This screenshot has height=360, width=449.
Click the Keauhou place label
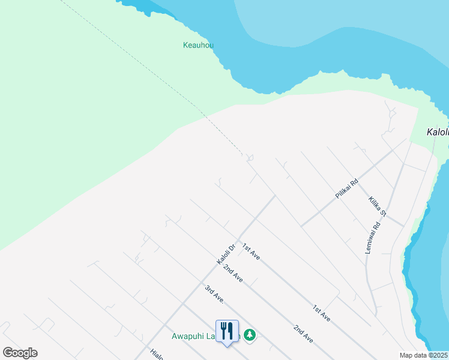click(x=198, y=45)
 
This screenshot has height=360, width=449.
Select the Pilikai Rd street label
click(x=346, y=189)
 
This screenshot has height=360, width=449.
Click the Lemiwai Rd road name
click(x=373, y=238)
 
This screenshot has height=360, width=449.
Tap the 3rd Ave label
click(x=214, y=295)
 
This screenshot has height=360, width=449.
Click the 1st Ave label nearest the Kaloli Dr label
click(x=251, y=251)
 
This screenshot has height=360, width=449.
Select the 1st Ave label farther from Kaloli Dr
click(x=321, y=313)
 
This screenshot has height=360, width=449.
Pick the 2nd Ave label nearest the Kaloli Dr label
click(x=232, y=274)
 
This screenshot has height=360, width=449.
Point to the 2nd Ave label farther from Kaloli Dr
click(x=303, y=334)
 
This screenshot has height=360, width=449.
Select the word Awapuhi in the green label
click(x=188, y=337)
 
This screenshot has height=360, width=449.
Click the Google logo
click(x=20, y=353)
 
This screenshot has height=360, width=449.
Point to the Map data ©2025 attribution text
click(x=423, y=355)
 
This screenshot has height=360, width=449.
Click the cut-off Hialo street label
click(x=157, y=355)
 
